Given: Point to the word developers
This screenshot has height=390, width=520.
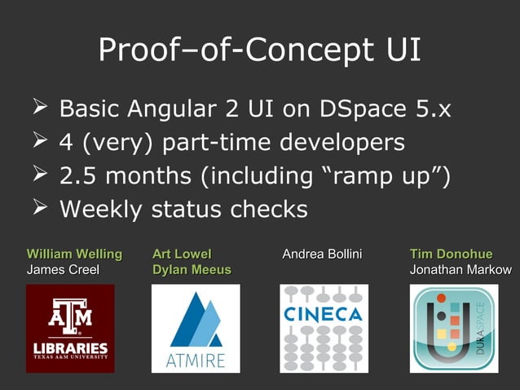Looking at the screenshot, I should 342,142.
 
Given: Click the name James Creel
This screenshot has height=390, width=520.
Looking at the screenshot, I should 64,270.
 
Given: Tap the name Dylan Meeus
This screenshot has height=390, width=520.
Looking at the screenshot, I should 192,270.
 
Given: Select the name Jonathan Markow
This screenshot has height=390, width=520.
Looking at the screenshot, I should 461,270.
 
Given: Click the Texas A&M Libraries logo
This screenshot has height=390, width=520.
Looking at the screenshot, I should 69,328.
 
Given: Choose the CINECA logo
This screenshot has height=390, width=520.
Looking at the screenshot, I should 324,328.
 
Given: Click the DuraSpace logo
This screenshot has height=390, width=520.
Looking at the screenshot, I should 453,328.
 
